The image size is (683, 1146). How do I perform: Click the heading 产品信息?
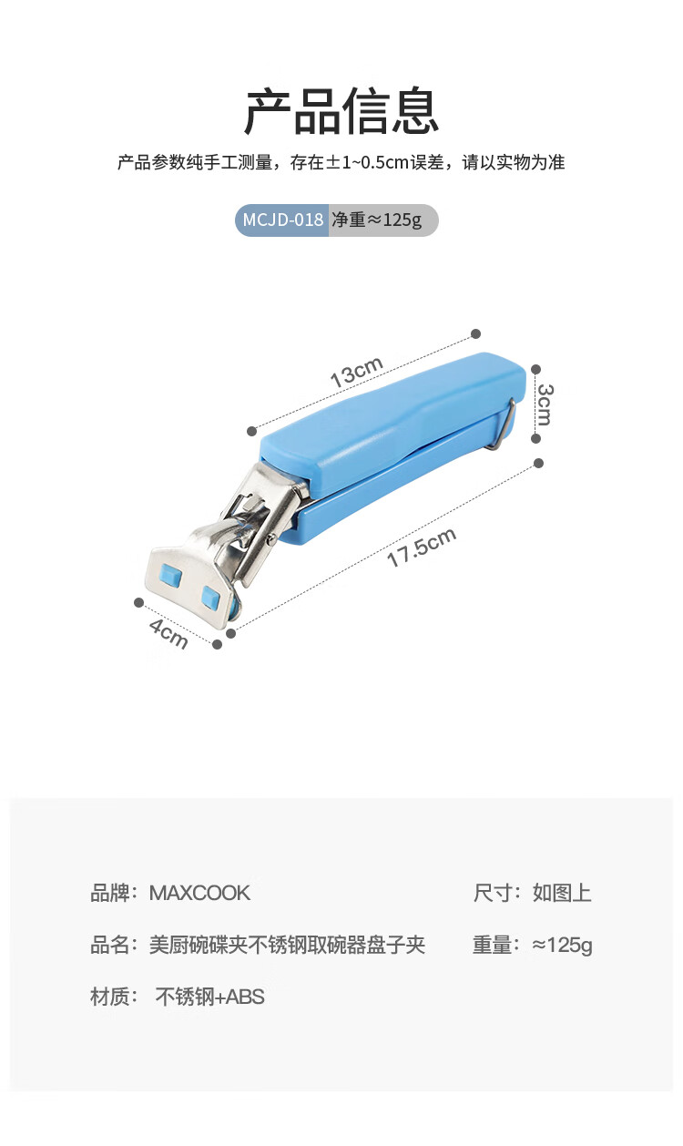point(341,111)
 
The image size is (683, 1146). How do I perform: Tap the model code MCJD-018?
point(283,220)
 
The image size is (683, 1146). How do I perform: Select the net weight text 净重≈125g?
point(376,220)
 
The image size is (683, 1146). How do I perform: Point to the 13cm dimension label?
point(357,372)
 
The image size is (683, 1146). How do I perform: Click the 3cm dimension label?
point(545,404)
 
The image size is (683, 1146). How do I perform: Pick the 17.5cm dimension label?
point(421,547)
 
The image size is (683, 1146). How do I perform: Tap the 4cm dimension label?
point(168,634)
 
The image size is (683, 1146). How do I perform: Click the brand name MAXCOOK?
point(199,893)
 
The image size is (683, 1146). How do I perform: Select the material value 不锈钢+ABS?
point(209,997)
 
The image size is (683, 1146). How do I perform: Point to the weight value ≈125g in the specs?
point(562,945)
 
